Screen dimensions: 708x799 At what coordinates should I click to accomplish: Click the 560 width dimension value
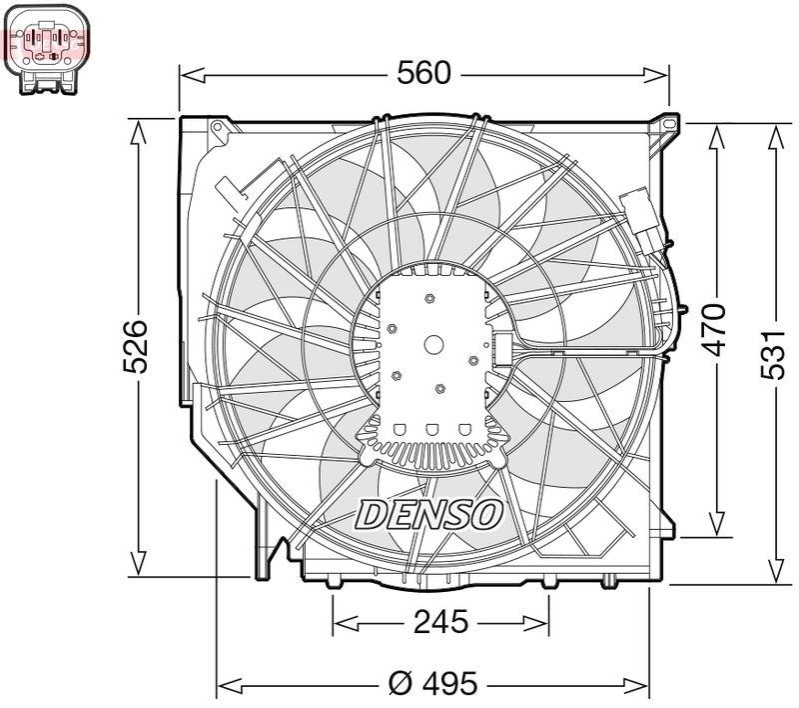(424, 73)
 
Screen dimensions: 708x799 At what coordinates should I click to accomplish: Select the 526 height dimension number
(136, 347)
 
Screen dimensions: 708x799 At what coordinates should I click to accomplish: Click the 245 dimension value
(439, 622)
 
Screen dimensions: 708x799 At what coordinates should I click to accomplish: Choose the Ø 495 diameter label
(432, 685)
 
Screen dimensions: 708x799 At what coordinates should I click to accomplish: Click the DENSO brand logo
(429, 514)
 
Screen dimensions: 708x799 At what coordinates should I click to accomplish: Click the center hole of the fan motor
(433, 344)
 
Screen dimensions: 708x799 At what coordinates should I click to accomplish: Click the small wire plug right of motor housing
(501, 350)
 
